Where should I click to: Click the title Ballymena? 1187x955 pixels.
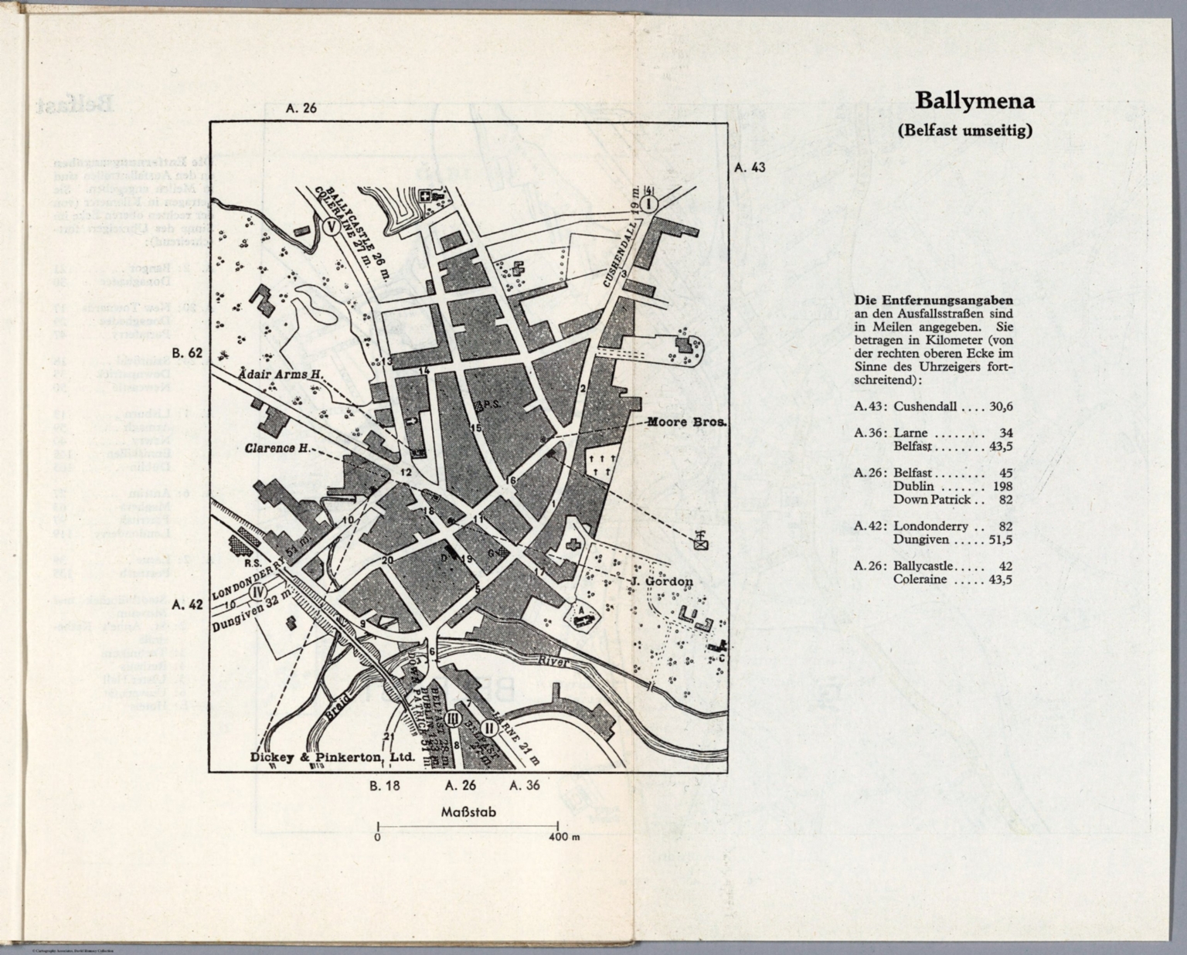point(974,101)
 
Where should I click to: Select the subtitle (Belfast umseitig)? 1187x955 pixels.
point(964,131)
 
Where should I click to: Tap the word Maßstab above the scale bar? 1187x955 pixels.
point(468,812)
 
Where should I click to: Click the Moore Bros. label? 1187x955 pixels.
point(685,423)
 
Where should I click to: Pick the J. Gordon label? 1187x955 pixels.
point(661,581)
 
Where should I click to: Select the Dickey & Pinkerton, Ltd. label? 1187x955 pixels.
point(332,758)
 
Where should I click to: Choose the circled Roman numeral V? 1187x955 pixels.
point(331,227)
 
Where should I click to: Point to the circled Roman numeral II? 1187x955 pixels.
point(488,727)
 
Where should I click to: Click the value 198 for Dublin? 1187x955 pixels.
point(1002,486)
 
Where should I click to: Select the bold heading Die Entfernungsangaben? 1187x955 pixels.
point(934,301)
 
